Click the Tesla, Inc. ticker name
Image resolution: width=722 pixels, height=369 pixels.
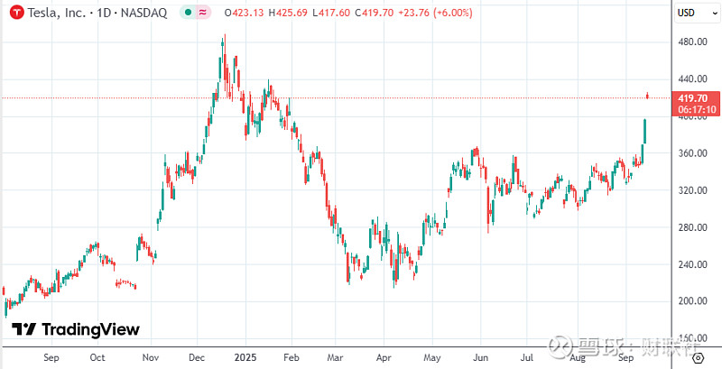(53, 13)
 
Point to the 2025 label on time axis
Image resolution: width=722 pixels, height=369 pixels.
(245, 358)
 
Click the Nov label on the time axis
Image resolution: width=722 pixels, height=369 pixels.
(151, 358)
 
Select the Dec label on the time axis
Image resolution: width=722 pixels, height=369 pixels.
(195, 358)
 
